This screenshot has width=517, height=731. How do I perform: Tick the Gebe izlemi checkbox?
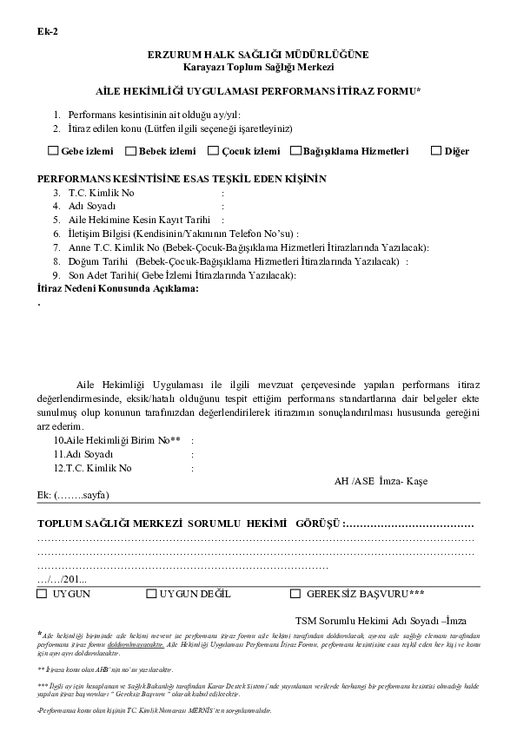[54, 151]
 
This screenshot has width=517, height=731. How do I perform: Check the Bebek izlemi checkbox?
[132, 151]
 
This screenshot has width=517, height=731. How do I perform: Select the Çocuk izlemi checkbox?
[214, 151]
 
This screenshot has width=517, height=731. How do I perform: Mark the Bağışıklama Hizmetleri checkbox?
[296, 151]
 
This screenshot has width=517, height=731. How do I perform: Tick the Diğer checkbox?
[436, 151]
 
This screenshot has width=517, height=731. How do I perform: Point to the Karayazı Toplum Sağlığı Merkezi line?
[258, 66]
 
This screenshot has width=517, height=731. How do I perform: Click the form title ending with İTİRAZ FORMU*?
[258, 90]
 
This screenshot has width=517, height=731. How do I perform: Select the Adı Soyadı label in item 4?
[91, 206]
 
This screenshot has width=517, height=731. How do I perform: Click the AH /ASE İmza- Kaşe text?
[381, 481]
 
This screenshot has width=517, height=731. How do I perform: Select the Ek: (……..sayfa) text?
[73, 495]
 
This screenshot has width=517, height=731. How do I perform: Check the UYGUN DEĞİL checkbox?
[152, 594]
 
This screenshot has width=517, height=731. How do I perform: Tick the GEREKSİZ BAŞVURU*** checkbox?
[295, 594]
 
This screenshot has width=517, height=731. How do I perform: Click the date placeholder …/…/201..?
[62, 578]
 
